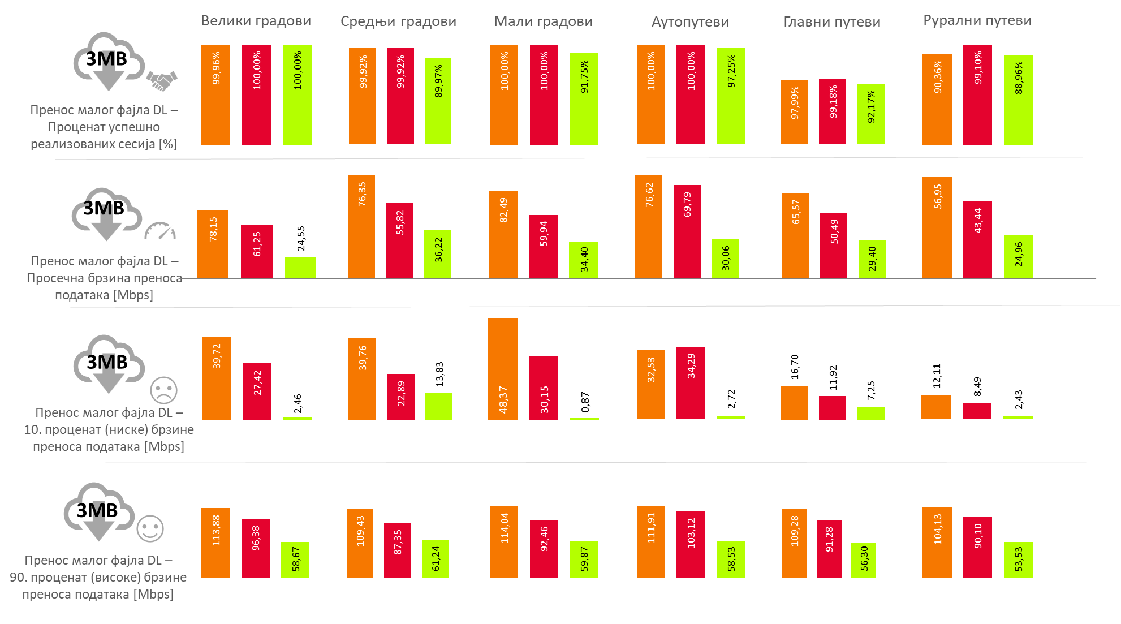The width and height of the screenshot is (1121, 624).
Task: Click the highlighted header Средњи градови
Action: point(399,21)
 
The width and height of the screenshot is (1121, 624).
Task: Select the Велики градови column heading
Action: point(256,21)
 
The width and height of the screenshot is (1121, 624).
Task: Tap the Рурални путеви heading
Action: point(977,20)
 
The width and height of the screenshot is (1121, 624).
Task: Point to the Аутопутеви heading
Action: point(690,21)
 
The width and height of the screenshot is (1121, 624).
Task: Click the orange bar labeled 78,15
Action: point(213,244)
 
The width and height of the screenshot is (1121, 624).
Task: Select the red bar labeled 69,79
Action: point(687,231)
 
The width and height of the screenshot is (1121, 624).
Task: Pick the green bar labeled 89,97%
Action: point(438,101)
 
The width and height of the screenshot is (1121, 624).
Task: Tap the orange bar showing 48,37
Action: point(503,368)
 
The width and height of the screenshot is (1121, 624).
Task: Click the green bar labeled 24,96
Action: point(1018,256)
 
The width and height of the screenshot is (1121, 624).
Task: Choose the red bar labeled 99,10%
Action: point(977,94)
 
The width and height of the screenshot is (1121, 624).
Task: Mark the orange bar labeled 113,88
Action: point(215,543)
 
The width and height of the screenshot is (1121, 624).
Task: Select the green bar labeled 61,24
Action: point(435,558)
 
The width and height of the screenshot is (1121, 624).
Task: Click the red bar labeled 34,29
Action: point(691,382)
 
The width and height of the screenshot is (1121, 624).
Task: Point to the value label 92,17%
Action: point(870,106)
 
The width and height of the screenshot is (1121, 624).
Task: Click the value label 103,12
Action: point(691,533)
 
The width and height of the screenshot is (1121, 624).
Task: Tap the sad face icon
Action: point(163,390)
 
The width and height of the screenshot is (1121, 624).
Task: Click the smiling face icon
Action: point(150,529)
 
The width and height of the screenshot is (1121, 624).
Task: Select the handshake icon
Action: point(162,80)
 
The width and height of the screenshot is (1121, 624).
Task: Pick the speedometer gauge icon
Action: point(160,231)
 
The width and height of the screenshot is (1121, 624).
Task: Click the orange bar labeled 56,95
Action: point(937,227)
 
